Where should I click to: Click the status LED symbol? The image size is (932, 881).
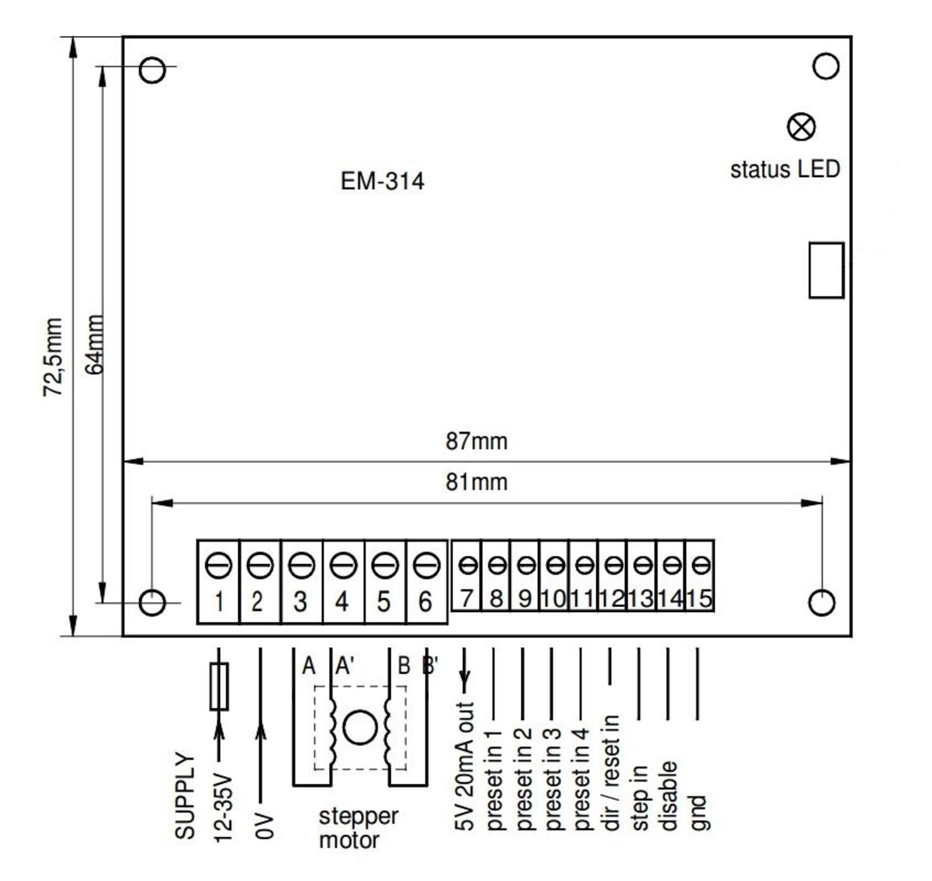[801, 127]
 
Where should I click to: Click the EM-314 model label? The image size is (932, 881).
[382, 181]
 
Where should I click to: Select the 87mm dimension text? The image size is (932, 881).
[476, 441]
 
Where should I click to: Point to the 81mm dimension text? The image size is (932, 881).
[476, 482]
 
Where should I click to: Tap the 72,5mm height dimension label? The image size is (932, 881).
[53, 357]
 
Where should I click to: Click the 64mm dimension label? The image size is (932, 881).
[94, 344]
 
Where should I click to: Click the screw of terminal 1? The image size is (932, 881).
[218, 565]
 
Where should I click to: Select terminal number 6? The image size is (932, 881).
[426, 601]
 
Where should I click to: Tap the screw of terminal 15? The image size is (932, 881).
[701, 565]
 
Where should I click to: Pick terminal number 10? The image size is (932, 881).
[553, 598]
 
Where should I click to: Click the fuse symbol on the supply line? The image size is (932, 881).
[219, 686]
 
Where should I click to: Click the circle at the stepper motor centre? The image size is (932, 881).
[360, 728]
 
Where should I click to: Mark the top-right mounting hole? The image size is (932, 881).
[826, 66]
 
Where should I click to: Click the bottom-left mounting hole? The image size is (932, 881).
[152, 602]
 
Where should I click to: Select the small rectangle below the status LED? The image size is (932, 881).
[826, 270]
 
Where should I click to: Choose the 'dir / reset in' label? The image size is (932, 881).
[611, 772]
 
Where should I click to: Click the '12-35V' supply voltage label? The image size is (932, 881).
[223, 808]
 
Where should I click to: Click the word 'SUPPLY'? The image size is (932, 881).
[185, 797]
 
